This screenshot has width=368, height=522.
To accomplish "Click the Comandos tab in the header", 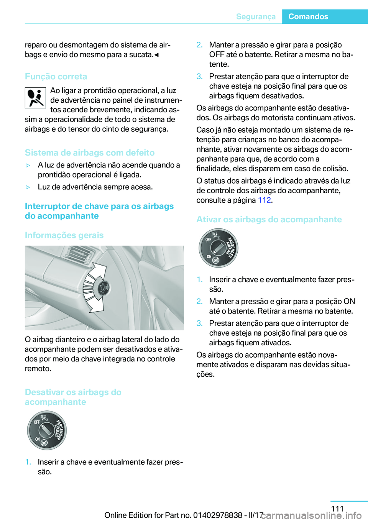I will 308,16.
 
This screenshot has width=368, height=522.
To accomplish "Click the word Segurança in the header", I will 256,16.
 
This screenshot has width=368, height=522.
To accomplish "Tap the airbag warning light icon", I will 35,98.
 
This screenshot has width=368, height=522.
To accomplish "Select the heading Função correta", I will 56,76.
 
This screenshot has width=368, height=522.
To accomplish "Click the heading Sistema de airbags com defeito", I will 90,153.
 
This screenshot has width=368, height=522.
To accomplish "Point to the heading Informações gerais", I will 64,235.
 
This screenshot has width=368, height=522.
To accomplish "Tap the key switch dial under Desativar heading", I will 47,430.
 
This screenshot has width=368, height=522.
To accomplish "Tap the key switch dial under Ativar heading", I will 218,248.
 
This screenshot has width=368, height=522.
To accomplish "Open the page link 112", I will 264,200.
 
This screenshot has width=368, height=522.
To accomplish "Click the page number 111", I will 337,509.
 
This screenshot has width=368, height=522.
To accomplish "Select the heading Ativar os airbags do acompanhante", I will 269,219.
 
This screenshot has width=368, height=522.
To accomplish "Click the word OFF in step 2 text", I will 217,54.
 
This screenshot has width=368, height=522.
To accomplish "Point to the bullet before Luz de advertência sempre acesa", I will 28,187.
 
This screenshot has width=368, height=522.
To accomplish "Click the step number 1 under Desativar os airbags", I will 28,462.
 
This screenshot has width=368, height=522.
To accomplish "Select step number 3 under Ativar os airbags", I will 199,323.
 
